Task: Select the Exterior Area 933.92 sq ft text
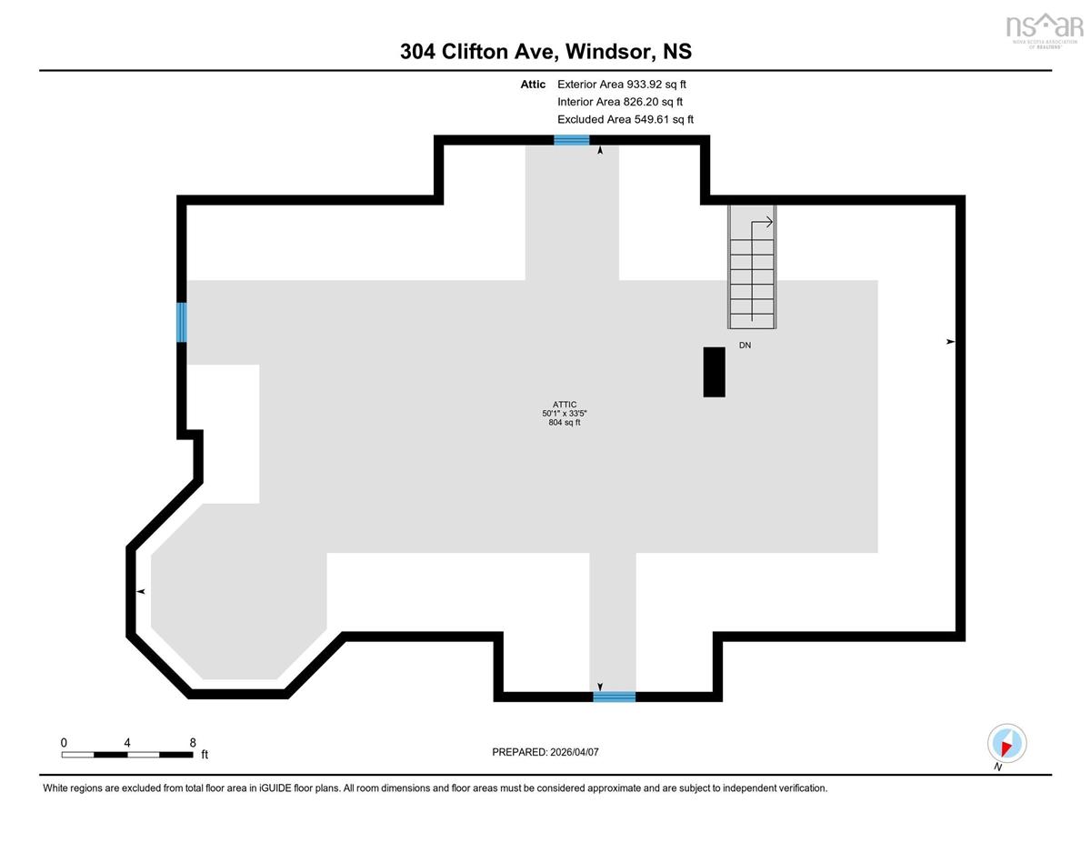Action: (x=622, y=85)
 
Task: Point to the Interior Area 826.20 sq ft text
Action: (x=620, y=102)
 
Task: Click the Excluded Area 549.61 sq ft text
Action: (x=626, y=119)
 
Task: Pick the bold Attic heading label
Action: (x=533, y=85)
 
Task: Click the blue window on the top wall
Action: (x=571, y=140)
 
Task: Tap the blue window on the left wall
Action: (x=182, y=322)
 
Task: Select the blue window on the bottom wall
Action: (x=615, y=697)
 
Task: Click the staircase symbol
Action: (x=752, y=267)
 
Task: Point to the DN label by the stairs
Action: (x=745, y=346)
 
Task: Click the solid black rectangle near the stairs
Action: (x=714, y=372)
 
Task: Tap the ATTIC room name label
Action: (x=565, y=404)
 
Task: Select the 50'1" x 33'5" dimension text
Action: (x=565, y=413)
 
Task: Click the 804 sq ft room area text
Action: (x=565, y=422)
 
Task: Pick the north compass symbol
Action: (x=1006, y=744)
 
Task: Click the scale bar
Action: (x=127, y=755)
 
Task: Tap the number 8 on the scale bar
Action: (x=193, y=742)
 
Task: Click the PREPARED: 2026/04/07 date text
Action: (x=545, y=752)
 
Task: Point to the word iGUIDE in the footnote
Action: (x=275, y=788)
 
